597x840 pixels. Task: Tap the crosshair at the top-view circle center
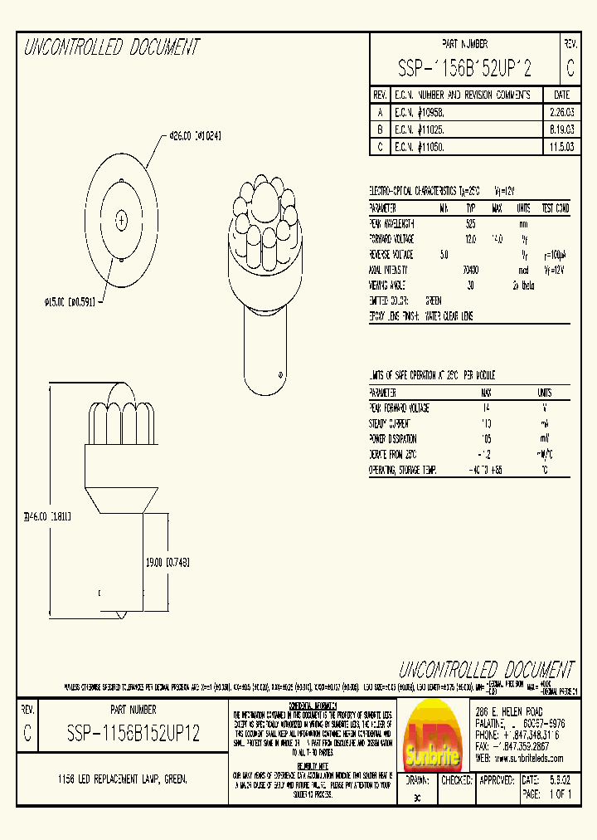[122, 221]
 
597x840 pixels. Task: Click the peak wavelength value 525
[470, 224]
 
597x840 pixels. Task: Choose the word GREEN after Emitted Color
[434, 300]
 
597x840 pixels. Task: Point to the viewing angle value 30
[470, 285]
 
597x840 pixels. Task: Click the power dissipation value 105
[486, 438]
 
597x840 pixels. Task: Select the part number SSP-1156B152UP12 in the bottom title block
[133, 735]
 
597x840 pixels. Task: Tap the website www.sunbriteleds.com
[521, 758]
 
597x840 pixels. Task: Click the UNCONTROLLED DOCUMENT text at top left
[112, 47]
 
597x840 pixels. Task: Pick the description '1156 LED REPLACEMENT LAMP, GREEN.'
[122, 779]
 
